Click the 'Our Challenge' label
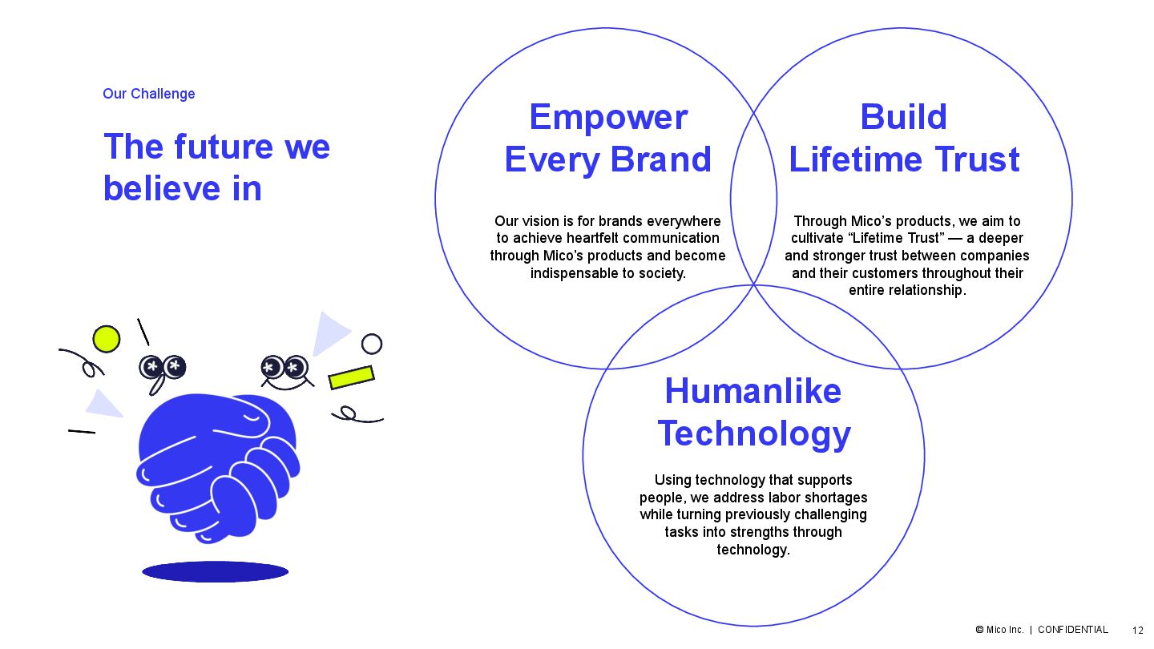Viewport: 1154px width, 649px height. (148, 94)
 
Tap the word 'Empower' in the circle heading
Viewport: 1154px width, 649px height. (608, 118)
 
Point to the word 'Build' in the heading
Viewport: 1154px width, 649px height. (903, 118)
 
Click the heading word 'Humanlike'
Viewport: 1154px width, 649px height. (753, 392)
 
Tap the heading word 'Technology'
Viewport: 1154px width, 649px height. (754, 433)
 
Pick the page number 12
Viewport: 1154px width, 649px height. (1138, 631)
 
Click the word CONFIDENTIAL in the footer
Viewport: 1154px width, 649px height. (1072, 630)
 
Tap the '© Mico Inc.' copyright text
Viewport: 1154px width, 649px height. (999, 630)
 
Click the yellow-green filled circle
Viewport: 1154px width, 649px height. (106, 339)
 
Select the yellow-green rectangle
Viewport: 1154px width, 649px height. (351, 377)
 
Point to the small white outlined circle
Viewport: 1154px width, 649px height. (372, 344)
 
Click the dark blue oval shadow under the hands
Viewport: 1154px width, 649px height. (215, 571)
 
